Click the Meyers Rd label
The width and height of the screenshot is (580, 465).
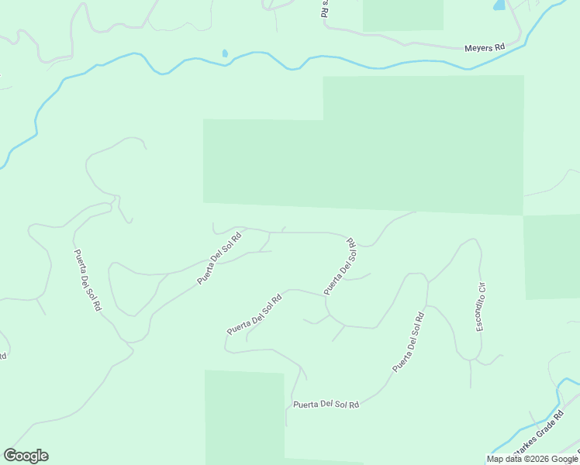[x=485, y=48]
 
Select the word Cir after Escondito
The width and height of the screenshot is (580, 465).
[x=481, y=288]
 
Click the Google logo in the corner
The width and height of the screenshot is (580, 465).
[x=26, y=456]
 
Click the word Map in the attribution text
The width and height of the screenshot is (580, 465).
[x=495, y=459]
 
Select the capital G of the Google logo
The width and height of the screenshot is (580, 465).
[x=10, y=456]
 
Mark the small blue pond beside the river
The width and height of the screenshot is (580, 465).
[x=225, y=53]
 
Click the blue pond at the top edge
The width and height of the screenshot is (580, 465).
[x=499, y=5]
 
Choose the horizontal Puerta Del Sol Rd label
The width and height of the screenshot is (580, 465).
[x=326, y=405]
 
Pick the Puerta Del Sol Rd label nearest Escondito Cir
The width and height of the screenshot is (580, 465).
[x=408, y=342]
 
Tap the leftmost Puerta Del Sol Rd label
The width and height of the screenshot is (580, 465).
[x=88, y=280]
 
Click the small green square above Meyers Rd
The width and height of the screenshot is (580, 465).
[x=402, y=15]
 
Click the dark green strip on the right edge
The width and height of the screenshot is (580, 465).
[x=552, y=256]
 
